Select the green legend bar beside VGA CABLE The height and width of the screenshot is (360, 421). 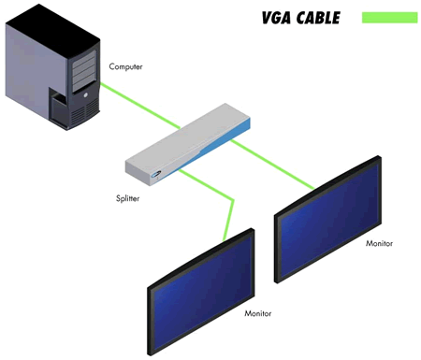click(x=384, y=17)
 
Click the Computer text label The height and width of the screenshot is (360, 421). click(x=126, y=66)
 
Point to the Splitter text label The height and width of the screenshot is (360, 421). click(x=120, y=198)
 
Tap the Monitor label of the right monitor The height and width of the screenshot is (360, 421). click(x=380, y=243)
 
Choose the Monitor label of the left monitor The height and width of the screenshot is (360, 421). click(x=258, y=315)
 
